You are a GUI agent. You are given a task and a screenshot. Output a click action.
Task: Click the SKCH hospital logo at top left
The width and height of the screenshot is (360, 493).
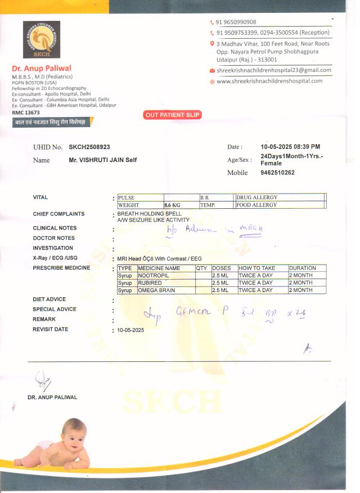tap(41, 39)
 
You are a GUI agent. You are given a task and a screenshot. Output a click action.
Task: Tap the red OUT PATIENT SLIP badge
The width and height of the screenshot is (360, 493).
tap(173, 115)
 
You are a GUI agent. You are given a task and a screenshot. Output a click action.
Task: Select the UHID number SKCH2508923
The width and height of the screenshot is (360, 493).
tap(89, 147)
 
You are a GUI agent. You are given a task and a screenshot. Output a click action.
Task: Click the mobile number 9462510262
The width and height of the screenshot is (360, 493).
tap(278, 173)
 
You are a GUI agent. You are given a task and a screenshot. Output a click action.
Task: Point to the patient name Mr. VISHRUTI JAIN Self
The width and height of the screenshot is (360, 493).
tap(103, 160)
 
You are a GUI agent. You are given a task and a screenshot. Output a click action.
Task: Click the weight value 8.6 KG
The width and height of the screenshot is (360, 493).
tap(172, 205)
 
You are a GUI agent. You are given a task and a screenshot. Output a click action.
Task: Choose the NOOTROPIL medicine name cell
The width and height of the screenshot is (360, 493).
tap(154, 275)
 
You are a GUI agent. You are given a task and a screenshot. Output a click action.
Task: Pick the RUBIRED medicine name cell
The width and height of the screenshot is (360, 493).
tap(150, 283)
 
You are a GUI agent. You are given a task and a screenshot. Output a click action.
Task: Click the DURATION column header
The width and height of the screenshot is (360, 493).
tap(303, 268)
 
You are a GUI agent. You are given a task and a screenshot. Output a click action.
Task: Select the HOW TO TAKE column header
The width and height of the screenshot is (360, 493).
tap(257, 268)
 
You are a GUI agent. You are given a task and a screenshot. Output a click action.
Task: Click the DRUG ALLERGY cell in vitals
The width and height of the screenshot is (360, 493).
tap(257, 198)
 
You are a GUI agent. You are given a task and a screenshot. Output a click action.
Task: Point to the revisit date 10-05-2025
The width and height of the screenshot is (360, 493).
tap(131, 330)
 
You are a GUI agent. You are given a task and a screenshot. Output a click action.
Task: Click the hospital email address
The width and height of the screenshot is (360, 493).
tap(274, 70)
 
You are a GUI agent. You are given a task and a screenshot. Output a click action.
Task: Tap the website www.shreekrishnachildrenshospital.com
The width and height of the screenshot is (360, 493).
tap(269, 81)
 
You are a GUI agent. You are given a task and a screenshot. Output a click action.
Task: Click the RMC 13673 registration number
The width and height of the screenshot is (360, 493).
tap(26, 113)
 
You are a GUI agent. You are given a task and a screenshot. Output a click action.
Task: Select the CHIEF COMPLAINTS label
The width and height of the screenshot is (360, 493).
tap(58, 214)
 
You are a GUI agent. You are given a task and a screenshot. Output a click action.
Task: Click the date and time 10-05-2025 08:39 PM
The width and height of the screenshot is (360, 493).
tap(290, 147)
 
